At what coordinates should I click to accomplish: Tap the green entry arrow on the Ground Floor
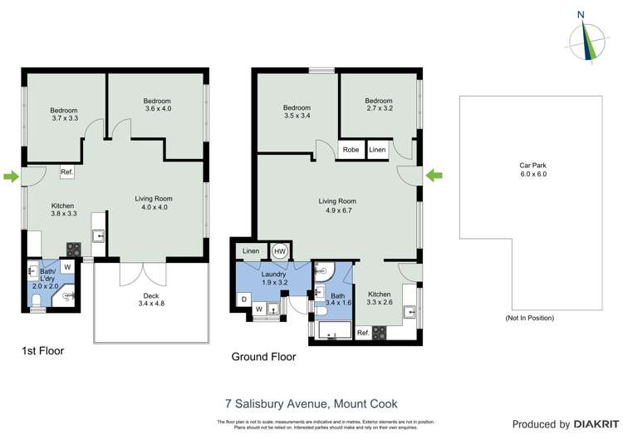point(434,175)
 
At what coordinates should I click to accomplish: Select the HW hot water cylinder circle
point(280,251)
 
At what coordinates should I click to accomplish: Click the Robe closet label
point(351,150)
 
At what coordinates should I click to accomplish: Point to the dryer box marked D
point(244,298)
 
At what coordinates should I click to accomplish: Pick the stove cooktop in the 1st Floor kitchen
point(72,248)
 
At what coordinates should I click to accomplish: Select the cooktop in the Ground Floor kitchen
point(380,332)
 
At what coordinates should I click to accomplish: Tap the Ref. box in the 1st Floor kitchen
point(67,172)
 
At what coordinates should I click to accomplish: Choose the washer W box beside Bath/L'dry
point(66,267)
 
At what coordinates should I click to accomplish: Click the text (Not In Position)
point(529,318)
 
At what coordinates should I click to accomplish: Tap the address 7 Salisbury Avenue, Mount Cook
point(311,404)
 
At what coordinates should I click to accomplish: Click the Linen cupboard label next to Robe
point(377,150)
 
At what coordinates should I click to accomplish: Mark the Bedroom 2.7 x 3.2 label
point(378,105)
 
